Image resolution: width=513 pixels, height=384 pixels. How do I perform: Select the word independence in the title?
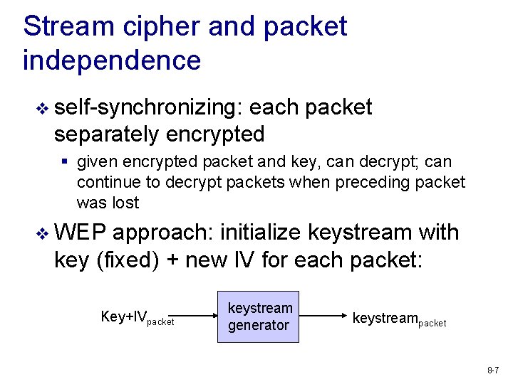112,60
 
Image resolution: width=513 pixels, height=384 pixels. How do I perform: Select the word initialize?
262,233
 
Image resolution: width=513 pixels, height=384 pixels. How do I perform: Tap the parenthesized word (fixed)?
127,260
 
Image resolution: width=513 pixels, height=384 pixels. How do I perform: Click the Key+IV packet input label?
138,317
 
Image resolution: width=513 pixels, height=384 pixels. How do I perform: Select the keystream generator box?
259,316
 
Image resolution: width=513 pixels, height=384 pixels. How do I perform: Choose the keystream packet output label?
400,318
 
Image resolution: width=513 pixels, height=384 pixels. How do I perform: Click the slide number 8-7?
493,370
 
